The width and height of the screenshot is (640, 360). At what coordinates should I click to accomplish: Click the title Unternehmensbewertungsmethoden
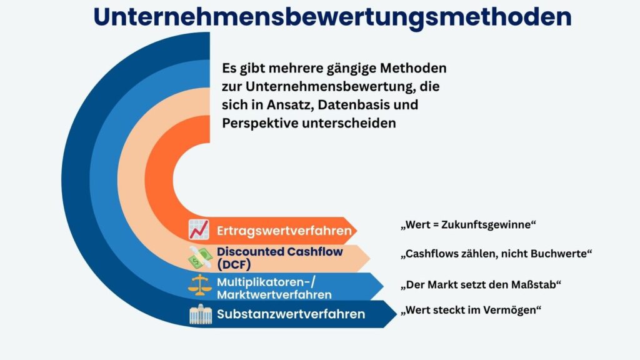click(x=332, y=17)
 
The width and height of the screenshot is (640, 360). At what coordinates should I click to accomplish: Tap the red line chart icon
click(x=199, y=229)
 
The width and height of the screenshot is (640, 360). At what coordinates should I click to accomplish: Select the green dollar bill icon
click(x=200, y=257)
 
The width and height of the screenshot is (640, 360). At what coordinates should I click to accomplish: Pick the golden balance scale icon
click(x=200, y=285)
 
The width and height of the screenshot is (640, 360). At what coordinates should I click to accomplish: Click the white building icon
click(x=201, y=314)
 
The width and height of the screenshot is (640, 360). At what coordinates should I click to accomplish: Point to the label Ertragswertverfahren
click(x=284, y=231)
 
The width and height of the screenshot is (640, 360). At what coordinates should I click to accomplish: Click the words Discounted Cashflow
click(x=279, y=251)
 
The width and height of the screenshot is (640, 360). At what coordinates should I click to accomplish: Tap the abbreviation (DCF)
click(x=234, y=264)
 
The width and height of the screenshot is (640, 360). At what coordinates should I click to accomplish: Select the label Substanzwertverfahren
click(x=291, y=314)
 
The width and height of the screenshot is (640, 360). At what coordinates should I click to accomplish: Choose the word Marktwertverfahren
click(x=274, y=294)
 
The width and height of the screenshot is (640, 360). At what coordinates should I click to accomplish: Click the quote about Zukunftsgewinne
click(x=468, y=224)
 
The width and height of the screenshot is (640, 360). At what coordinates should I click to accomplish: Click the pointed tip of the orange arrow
click(x=357, y=231)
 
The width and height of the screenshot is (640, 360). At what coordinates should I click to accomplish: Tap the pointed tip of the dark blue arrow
click(x=397, y=314)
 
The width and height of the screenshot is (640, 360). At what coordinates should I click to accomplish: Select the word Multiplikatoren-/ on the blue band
click(x=266, y=282)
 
